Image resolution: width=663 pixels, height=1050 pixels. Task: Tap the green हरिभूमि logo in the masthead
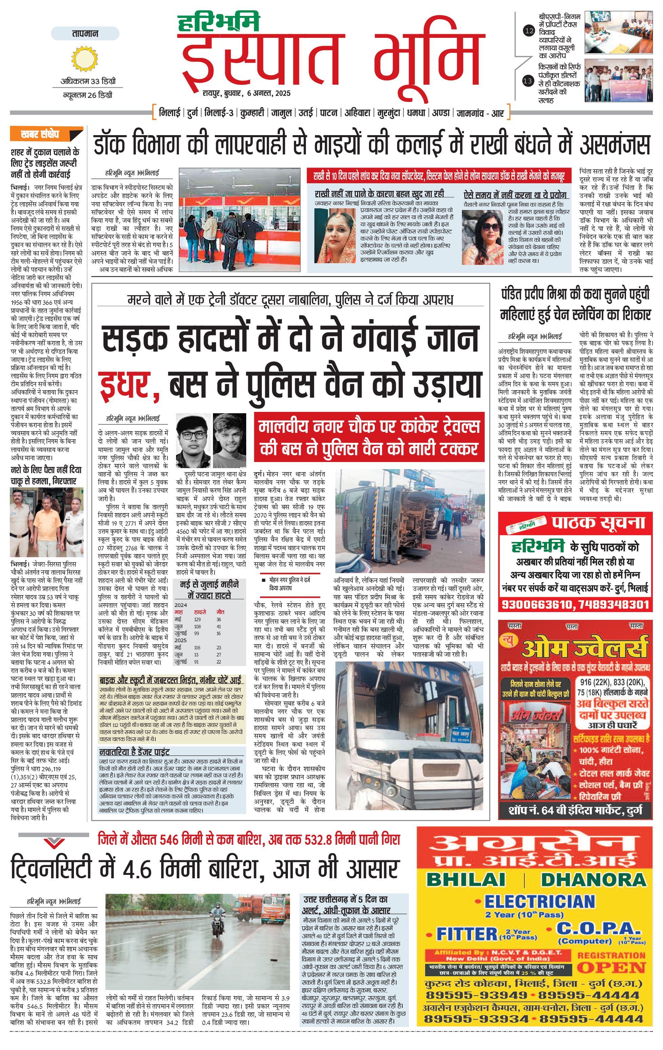(x=219, y=23)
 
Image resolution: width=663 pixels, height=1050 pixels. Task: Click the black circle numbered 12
(x=529, y=30)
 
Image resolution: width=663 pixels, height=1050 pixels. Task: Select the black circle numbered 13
(x=528, y=81)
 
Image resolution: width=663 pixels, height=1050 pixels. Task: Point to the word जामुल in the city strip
(x=281, y=113)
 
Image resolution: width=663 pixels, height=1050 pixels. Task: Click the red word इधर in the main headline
(x=126, y=384)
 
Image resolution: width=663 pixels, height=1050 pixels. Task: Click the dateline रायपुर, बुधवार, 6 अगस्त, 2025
(x=246, y=93)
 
